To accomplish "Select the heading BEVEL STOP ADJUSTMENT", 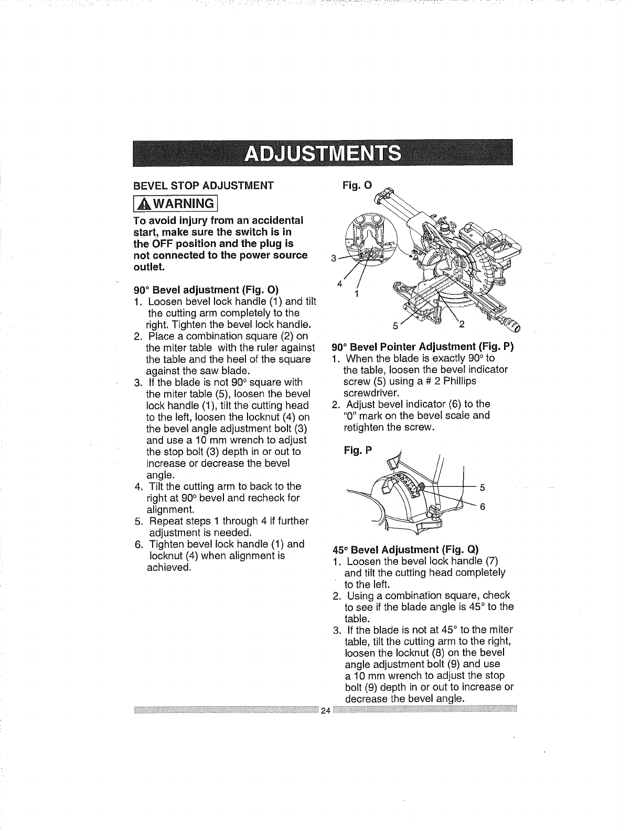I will tap(204, 185).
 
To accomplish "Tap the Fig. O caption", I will tap(357, 185).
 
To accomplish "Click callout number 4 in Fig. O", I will tap(340, 284).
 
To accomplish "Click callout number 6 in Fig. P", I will tap(482, 507).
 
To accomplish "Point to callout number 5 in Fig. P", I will tap(482, 487).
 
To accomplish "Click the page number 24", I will tap(325, 711).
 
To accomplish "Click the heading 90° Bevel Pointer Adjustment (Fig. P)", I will tap(423, 347).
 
